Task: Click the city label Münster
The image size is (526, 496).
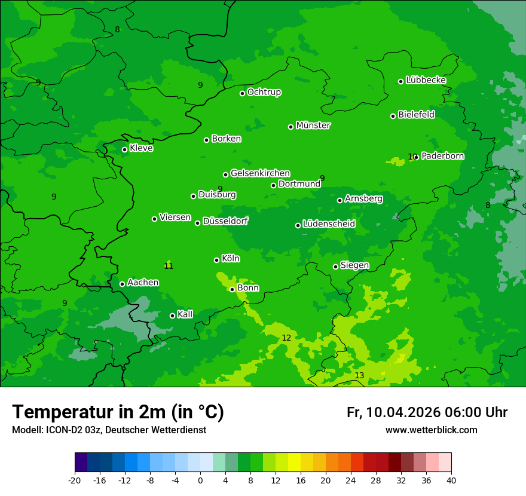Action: (x=313, y=125)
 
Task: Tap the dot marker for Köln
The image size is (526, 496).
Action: (x=216, y=260)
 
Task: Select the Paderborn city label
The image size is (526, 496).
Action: (x=442, y=156)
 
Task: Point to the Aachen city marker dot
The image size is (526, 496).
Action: (x=122, y=284)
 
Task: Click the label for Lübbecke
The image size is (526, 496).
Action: (x=426, y=80)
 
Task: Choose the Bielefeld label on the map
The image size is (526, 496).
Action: (x=416, y=114)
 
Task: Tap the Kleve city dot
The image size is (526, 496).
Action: (x=124, y=149)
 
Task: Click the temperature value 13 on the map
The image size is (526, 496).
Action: (x=359, y=375)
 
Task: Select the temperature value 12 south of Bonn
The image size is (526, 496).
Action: (x=286, y=338)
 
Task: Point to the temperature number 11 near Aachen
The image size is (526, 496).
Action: (x=169, y=266)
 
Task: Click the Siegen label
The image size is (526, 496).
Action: (x=354, y=265)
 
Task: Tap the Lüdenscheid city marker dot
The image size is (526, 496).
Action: (x=298, y=225)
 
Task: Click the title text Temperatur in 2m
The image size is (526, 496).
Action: (x=118, y=412)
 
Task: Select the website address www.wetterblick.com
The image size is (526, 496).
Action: (x=431, y=430)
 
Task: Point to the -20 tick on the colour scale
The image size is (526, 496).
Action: (x=75, y=480)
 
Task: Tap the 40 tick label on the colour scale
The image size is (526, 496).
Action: (x=451, y=480)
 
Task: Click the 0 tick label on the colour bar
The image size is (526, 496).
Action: (x=200, y=480)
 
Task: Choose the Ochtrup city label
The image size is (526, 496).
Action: (x=264, y=92)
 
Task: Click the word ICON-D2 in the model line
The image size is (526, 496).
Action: (x=62, y=430)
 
